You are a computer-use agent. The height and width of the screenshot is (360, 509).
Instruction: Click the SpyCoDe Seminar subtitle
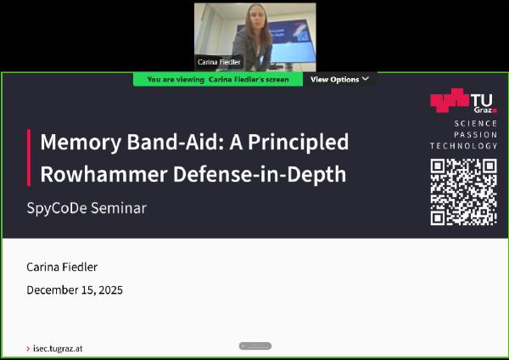tap(87, 207)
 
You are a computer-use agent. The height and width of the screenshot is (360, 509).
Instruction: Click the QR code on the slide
tap(463, 192)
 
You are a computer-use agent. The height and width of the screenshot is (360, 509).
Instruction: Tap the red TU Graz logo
tap(463, 102)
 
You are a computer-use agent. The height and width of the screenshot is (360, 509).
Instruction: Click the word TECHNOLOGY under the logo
tap(464, 146)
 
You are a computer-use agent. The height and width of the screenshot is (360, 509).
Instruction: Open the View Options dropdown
tap(339, 79)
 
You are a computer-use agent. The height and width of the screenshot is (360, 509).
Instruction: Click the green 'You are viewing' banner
tap(218, 79)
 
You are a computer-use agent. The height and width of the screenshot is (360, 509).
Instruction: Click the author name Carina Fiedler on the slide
tap(62, 267)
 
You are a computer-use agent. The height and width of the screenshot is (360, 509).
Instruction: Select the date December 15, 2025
tap(75, 290)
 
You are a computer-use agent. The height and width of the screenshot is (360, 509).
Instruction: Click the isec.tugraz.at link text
tap(58, 348)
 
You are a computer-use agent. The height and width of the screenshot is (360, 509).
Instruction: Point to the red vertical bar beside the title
tap(29, 157)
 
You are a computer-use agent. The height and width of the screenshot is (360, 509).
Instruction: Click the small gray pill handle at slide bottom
tap(255, 346)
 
